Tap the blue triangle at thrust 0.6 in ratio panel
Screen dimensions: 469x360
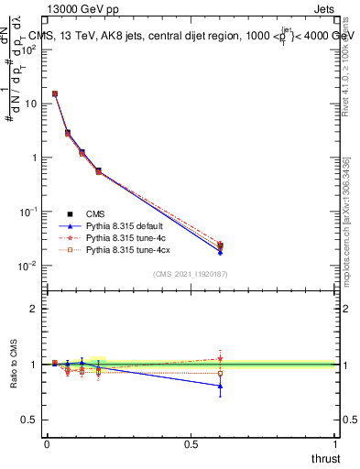(x=220, y=386)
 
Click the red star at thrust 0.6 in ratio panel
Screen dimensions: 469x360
(x=220, y=358)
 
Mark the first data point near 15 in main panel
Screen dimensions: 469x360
(x=55, y=93)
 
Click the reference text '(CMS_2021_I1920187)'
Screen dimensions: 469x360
(x=190, y=274)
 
